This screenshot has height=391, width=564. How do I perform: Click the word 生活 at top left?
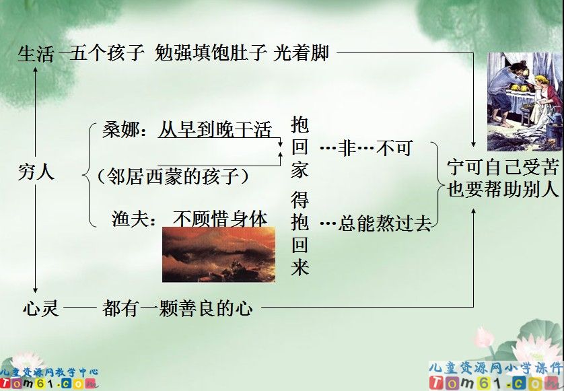coord(35,54)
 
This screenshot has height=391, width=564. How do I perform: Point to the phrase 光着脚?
coord(302,53)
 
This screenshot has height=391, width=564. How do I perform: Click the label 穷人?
coord(36,172)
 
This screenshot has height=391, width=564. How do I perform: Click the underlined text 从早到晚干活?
coord(215,130)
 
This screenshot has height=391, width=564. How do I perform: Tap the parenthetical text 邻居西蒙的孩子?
coord(173,176)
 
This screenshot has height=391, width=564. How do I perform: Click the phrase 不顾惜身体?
coord(220,219)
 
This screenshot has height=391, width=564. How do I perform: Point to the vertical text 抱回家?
coord(299,147)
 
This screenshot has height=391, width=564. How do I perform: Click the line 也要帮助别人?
coord(503,189)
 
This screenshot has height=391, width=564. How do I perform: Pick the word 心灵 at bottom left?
coord(40,309)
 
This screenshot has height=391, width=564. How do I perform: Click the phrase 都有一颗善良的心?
coord(178,309)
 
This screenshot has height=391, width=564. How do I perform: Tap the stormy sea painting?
coord(219,254)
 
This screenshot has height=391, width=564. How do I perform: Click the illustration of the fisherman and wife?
coord(524,102)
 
